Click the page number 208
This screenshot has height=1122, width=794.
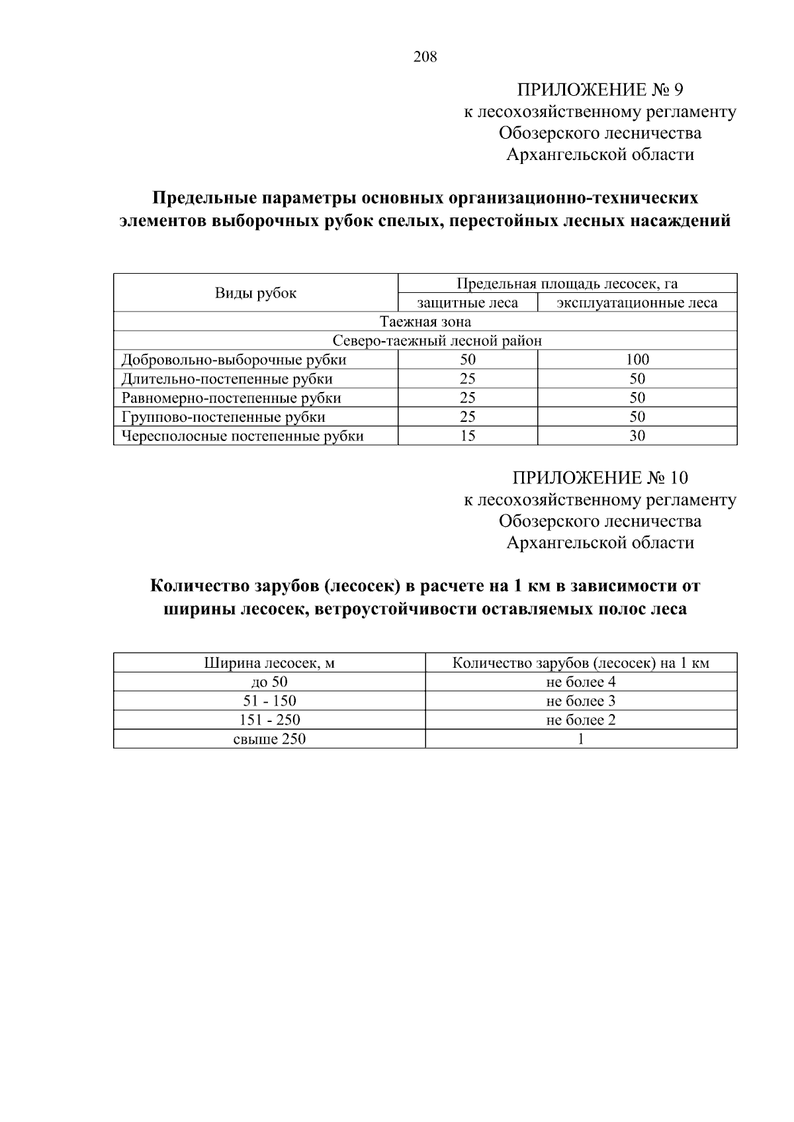point(425,57)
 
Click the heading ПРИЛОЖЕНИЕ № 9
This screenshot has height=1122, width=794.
point(599,90)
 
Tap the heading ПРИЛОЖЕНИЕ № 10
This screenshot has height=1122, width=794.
point(599,478)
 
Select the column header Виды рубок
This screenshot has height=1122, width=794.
point(255,293)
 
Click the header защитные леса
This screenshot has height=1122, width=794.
point(467,303)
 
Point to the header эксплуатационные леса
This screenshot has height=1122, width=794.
point(637,303)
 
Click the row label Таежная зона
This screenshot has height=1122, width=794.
point(425,322)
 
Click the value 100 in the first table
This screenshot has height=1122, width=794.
point(637,360)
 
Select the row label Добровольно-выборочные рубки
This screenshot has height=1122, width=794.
point(234,360)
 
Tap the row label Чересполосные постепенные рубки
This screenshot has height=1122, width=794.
point(242,436)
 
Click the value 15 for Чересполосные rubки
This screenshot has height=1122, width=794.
point(467,436)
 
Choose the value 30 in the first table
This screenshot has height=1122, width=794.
point(637,436)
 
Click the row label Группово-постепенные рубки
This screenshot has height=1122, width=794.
point(223,417)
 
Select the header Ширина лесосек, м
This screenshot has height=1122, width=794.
point(269,663)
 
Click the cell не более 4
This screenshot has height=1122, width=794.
point(580,682)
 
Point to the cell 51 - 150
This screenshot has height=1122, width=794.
point(269,701)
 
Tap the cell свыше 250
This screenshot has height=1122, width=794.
point(269,739)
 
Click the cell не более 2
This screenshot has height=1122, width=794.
point(580,720)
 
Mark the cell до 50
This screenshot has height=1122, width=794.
point(269,682)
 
